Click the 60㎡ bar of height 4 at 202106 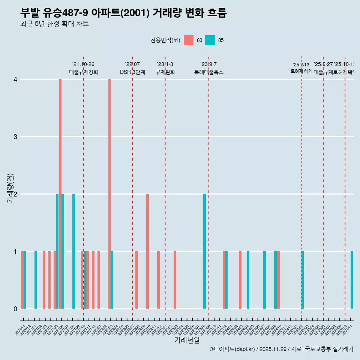[x=60, y=194]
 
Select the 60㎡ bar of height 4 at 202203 [x=109, y=194]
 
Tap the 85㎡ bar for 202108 [x=74, y=251]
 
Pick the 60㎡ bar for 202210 [x=148, y=251]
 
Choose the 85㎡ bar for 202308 [x=205, y=251]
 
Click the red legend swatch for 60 [x=189, y=40]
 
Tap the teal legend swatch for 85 [x=210, y=40]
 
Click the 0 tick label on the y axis [x=15, y=309]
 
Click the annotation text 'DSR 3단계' [x=132, y=72]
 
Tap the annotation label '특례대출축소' [x=209, y=72]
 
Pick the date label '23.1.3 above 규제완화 [x=165, y=64]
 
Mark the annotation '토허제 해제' [x=301, y=71]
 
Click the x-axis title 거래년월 [x=187, y=340]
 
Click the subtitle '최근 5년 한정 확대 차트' [x=54, y=24]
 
